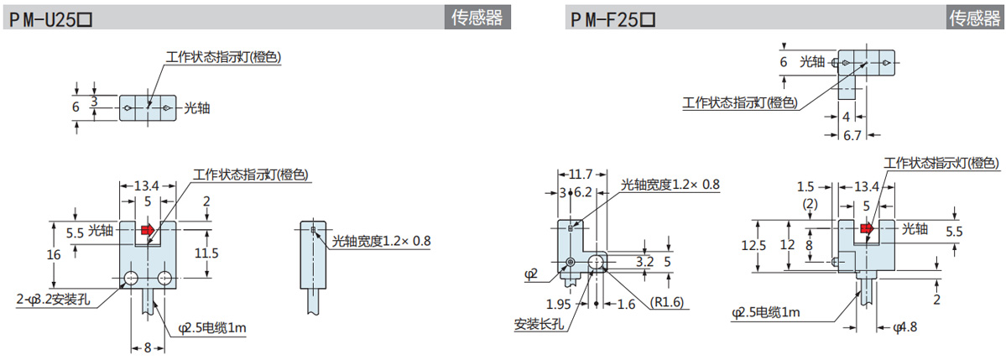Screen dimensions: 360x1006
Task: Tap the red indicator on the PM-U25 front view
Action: (x=148, y=229)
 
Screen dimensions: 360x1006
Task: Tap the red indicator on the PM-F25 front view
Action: (x=867, y=228)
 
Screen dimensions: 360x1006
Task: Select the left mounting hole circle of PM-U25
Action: (x=131, y=278)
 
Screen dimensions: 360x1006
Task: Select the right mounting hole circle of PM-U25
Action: (x=164, y=278)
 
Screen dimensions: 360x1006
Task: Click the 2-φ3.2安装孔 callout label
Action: (x=55, y=298)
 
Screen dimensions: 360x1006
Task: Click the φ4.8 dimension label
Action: (x=908, y=326)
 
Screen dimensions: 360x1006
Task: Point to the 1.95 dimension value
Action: (x=558, y=303)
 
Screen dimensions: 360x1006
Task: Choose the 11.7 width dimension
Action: (x=580, y=175)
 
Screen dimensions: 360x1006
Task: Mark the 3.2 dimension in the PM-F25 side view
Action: (x=644, y=261)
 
